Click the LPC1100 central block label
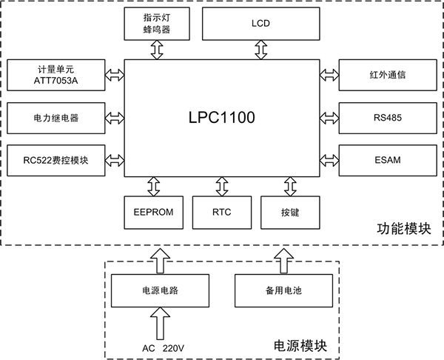pyautogui.click(x=222, y=116)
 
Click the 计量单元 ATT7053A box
pyautogui.click(x=55, y=74)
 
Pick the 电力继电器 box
pyautogui.click(x=55, y=117)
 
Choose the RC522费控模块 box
pyautogui.click(x=55, y=160)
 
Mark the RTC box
pyautogui.click(x=222, y=211)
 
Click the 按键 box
pyautogui.click(x=290, y=211)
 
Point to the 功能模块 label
pyautogui.click(x=403, y=230)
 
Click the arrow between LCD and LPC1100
pyautogui.click(x=260, y=50)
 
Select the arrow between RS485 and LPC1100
pyautogui.click(x=329, y=117)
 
